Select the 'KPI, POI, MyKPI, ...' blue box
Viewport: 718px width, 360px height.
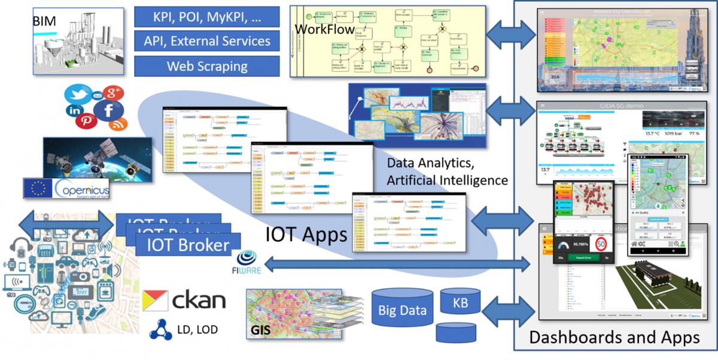pyautogui.click(x=206, y=16)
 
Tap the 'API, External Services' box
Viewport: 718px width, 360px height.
pyautogui.click(x=206, y=41)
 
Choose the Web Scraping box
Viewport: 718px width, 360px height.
pyautogui.click(x=206, y=66)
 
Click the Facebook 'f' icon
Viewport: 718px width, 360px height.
pyautogui.click(x=109, y=109)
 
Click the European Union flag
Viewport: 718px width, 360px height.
pyautogui.click(x=37, y=188)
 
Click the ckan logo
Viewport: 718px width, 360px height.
pyautogui.click(x=184, y=299)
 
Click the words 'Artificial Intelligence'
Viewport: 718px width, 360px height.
pyautogui.click(x=448, y=180)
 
